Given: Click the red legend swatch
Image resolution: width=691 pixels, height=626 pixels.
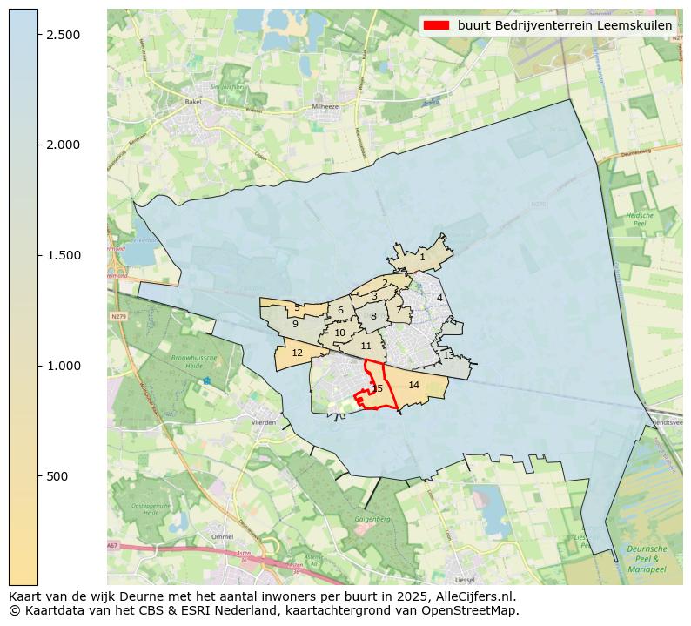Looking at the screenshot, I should click(437, 25).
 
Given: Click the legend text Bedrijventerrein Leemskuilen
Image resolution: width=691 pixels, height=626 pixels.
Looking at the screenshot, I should click(565, 25).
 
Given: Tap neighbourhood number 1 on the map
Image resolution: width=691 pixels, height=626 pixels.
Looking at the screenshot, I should click(422, 257).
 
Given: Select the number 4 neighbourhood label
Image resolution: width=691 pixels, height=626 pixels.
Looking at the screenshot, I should click(439, 298).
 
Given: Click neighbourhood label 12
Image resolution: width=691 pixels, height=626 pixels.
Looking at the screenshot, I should click(298, 353).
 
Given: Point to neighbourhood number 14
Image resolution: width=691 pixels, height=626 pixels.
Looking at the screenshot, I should click(414, 385).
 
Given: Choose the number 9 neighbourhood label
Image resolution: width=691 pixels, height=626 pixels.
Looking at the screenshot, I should click(295, 324).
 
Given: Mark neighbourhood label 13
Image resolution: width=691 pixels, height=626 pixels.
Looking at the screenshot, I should click(448, 355).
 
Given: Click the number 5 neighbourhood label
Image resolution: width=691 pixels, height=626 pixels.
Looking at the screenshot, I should click(297, 307).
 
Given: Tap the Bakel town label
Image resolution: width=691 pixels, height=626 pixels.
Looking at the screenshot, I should click(192, 102).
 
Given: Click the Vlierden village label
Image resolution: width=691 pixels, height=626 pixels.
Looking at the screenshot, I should click(263, 422).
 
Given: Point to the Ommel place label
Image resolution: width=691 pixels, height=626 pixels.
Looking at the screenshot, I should click(222, 536).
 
